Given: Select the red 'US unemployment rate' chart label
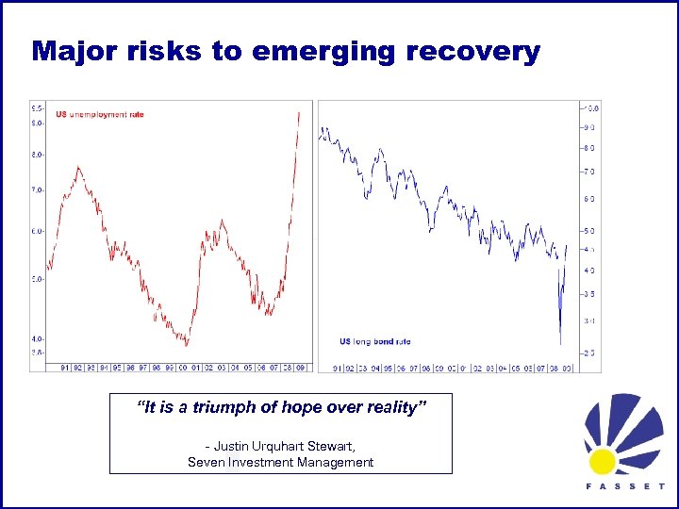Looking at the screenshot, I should coord(99,115).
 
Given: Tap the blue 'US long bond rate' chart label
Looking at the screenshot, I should coord(374,341).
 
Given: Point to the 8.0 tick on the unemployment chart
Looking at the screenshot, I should coord(38,154).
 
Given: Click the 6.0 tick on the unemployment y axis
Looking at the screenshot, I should coord(38,231).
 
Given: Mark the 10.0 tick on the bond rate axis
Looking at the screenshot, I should coord(592,108).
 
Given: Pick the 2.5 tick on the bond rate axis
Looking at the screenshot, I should coord(588,353).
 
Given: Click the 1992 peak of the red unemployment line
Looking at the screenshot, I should coord(78,168).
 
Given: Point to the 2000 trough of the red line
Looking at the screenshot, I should coord(187,345).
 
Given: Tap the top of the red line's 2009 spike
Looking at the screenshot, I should coord(299,112).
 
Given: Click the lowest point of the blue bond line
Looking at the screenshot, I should coord(560,343).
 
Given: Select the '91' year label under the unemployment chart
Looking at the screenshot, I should coord(64,367).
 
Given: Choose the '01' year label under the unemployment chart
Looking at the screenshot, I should coord(196,367).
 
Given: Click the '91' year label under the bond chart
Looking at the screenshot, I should coord(337,368).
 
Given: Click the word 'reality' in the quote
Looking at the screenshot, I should coord(393,407).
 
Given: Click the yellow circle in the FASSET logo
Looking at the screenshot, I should coord(603,461).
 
